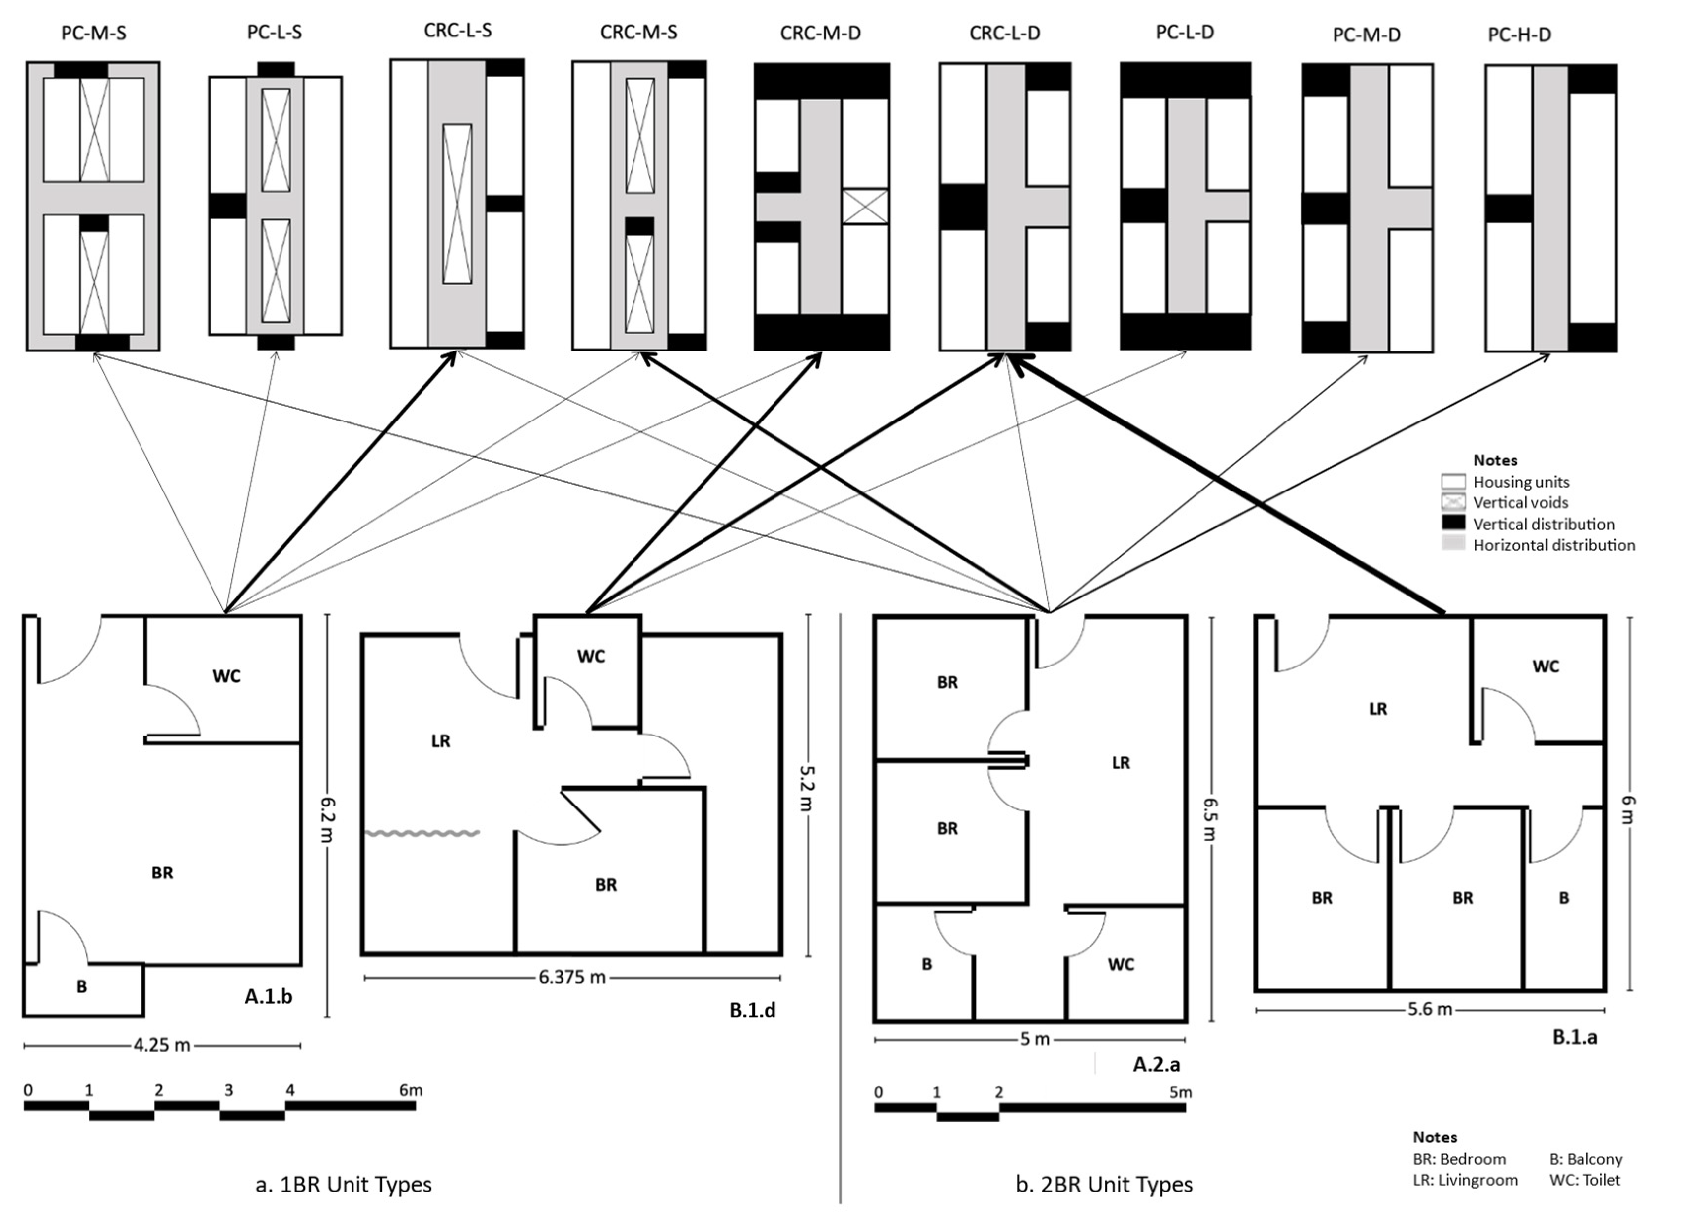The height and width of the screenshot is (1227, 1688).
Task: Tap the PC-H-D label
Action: [1519, 35]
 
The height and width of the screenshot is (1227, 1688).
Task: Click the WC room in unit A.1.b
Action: [226, 676]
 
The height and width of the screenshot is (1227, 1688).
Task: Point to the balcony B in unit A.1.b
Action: [82, 986]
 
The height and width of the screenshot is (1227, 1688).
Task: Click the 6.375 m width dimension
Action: [571, 977]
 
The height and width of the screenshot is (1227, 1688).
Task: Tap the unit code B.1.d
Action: [752, 1010]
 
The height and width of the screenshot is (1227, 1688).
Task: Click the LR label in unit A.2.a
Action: [1120, 763]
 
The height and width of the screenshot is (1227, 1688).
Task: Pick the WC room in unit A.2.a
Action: [1120, 964]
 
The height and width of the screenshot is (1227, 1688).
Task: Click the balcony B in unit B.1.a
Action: [1564, 898]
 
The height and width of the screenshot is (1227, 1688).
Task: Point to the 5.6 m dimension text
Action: [1429, 1010]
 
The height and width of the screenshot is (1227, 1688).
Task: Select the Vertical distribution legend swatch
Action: [1453, 523]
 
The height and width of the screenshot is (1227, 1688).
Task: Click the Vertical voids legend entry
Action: [1520, 503]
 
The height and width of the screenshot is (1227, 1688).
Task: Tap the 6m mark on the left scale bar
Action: [410, 1090]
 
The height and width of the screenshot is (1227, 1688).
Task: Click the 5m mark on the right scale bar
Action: [1180, 1092]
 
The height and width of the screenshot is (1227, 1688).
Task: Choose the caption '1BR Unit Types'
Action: [344, 1184]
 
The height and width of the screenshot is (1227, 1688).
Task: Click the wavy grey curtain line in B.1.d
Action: [422, 834]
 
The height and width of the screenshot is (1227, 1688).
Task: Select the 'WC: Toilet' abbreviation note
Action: [1584, 1179]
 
